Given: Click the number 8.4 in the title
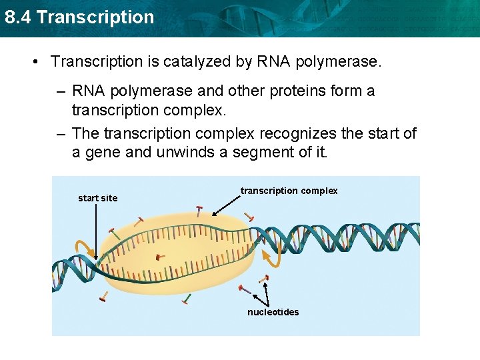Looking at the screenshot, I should point(18,17).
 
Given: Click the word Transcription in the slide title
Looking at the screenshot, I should point(95,17).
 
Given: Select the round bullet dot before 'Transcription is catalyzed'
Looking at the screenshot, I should point(34,62).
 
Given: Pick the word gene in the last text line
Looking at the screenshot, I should point(102,152).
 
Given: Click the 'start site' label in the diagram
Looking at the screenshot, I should point(97,198).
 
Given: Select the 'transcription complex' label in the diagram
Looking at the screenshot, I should point(289,191).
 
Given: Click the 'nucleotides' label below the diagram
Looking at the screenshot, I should point(273,312).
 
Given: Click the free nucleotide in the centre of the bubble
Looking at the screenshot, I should point(159,256).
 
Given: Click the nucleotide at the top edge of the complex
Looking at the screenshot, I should point(199,211).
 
